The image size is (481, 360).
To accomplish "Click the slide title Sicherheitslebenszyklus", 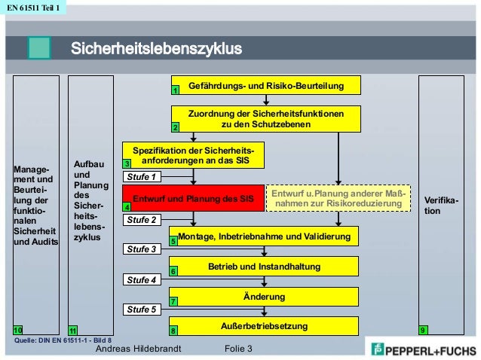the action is (156, 50).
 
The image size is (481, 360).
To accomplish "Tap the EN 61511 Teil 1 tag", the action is (33, 9).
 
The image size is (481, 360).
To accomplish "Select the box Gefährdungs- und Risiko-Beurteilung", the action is (265, 86).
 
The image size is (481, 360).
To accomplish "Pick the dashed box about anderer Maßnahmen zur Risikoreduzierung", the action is (339, 199).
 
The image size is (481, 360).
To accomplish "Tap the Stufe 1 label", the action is (142, 177).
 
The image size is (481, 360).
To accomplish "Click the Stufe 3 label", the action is (142, 249).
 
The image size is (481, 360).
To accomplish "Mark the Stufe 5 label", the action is (142, 309).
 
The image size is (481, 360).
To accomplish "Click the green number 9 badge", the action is (423, 330).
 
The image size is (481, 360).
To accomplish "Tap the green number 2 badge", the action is (175, 127).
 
